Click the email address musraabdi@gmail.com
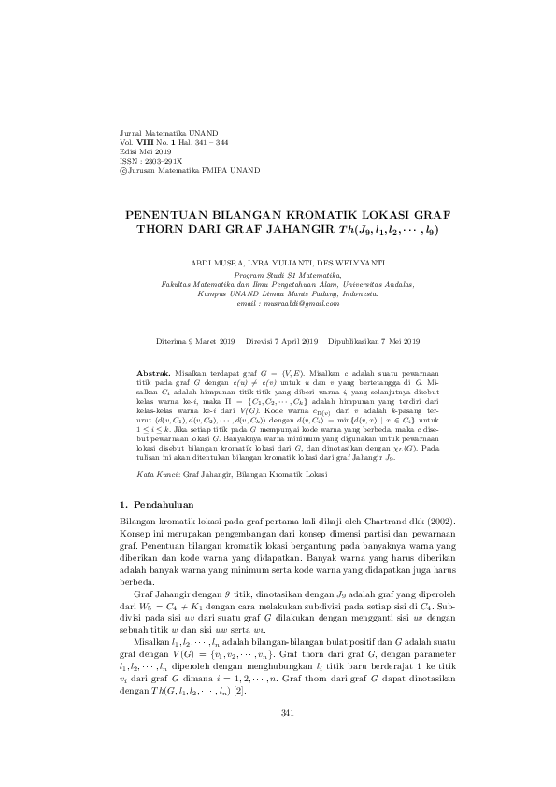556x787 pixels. click(300, 304)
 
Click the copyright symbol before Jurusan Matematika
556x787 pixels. click(126, 170)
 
